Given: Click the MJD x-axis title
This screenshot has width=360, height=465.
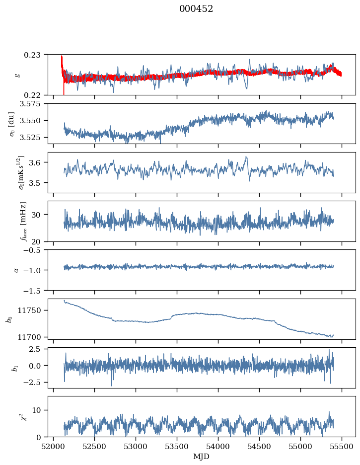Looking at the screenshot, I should point(201,456).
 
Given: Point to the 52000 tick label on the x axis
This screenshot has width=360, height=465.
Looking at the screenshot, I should point(54,446).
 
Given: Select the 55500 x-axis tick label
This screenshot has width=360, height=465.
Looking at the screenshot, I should point(342,446).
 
